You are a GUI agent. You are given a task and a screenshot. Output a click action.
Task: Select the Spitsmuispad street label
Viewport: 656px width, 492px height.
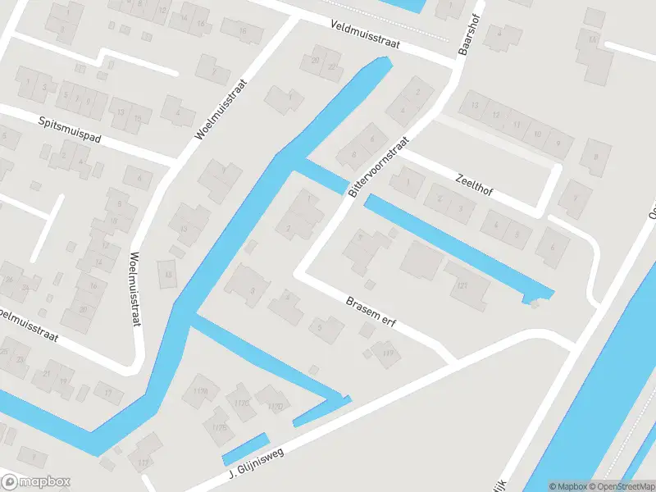coord(70,130)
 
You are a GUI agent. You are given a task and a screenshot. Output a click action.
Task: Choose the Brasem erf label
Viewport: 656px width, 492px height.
coord(370,312)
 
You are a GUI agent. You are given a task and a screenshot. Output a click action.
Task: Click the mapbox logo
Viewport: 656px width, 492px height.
coord(36,481)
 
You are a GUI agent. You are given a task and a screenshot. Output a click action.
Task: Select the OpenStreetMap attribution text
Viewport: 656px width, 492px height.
coord(626,486)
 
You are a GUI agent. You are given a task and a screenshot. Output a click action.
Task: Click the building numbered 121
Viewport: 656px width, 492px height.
coord(463,284)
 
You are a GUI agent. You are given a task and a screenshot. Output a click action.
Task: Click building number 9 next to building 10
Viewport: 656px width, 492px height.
coord(558,143)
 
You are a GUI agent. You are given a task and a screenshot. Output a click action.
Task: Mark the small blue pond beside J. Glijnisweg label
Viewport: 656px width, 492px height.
coord(244,449)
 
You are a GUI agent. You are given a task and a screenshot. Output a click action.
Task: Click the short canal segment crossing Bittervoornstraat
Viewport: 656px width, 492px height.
coord(321,175)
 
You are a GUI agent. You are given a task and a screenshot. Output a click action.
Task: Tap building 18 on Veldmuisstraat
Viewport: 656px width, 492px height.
coord(241,30)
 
